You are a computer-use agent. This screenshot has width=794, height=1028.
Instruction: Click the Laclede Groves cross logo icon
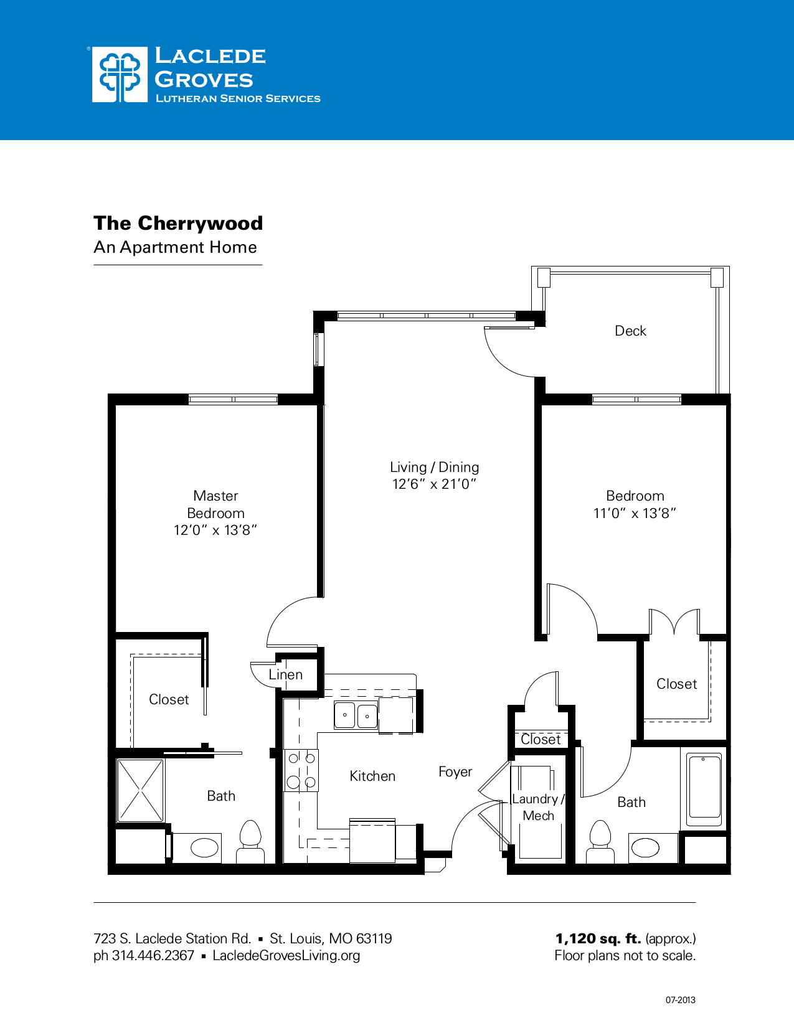(x=120, y=75)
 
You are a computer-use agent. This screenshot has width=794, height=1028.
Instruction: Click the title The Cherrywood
(x=178, y=223)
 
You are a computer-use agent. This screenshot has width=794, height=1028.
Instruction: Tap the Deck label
(x=630, y=331)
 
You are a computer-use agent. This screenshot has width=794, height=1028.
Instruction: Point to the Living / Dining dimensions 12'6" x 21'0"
(x=434, y=484)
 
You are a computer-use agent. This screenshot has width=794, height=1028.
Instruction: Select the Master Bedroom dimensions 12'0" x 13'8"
(x=215, y=531)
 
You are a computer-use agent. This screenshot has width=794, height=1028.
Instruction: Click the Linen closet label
(x=286, y=675)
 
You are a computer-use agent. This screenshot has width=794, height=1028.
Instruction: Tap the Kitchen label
(x=372, y=776)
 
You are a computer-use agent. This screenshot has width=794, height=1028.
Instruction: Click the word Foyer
(x=455, y=772)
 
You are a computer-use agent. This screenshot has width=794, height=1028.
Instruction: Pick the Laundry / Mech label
(x=538, y=808)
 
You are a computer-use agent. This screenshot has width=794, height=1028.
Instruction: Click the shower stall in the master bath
(x=141, y=790)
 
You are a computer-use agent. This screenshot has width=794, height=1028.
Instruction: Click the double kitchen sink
(x=356, y=715)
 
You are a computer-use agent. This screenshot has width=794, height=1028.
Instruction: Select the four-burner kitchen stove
(x=301, y=770)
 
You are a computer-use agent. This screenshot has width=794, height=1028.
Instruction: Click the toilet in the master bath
(x=250, y=841)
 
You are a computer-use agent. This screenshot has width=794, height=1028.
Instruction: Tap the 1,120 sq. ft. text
(x=598, y=939)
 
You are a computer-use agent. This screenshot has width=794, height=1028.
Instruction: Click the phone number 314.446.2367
(x=153, y=956)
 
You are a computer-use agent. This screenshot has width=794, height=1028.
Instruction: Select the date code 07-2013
(x=680, y=1001)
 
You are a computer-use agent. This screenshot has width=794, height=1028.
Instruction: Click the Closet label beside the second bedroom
(x=676, y=684)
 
